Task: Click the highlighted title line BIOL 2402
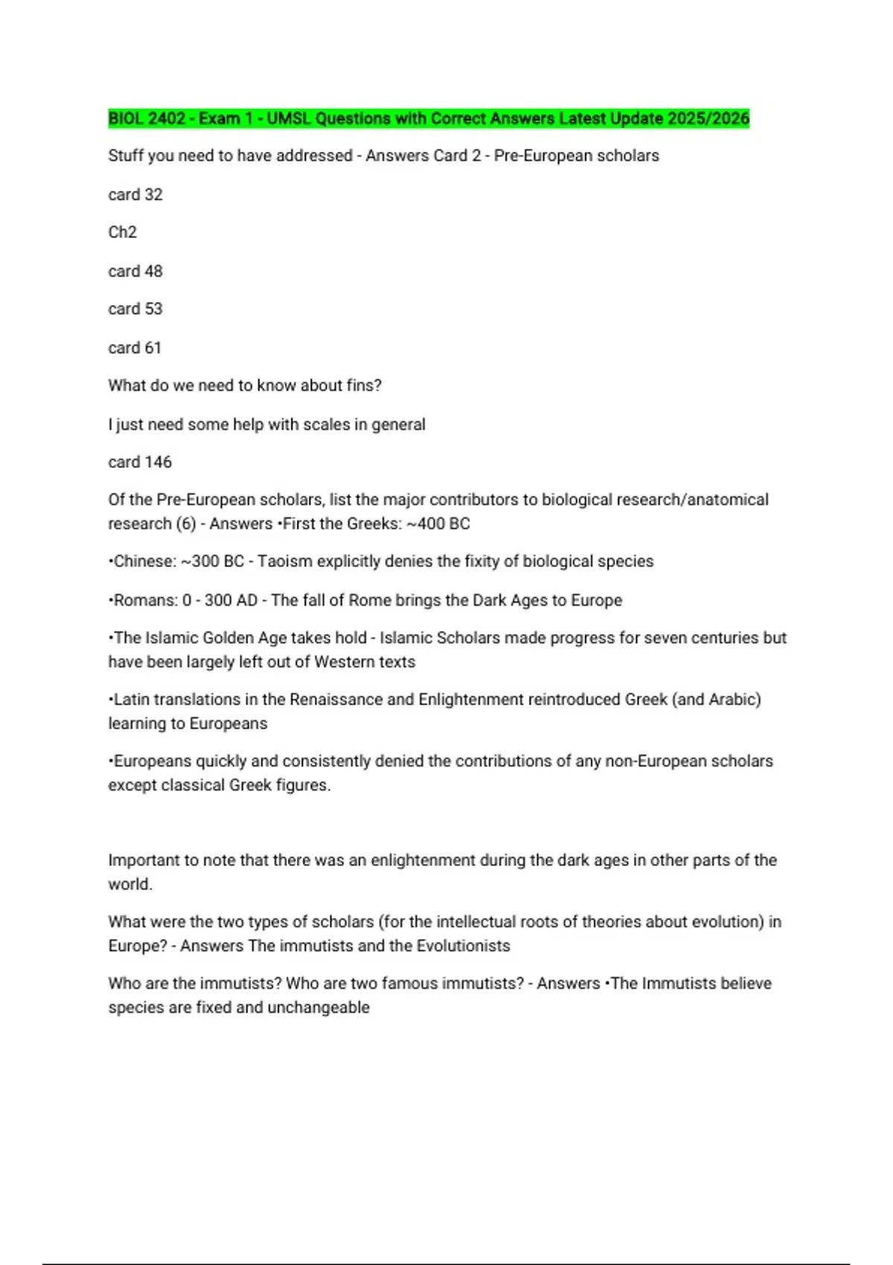[428, 118]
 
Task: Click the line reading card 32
[135, 194]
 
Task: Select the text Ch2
[122, 232]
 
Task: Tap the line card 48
[135, 271]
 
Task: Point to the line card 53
[135, 309]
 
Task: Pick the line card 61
[134, 348]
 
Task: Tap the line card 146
[140, 462]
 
